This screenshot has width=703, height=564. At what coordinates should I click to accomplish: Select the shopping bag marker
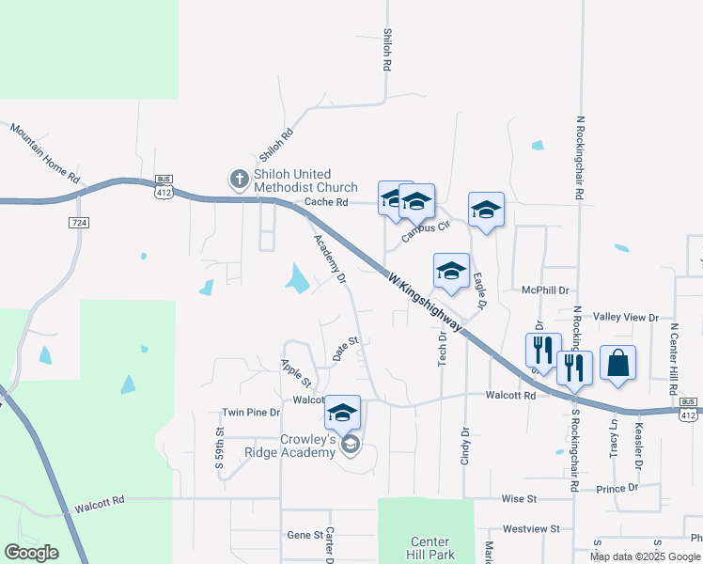pos(617,363)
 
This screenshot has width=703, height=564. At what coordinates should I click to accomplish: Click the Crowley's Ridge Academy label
pos(308,446)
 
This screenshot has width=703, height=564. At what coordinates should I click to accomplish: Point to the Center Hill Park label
pos(430,547)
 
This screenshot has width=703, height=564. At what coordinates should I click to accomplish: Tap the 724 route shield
pos(79,222)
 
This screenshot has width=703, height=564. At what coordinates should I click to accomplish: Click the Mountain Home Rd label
pos(45,151)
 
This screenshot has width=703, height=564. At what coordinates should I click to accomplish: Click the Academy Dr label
pos(330,258)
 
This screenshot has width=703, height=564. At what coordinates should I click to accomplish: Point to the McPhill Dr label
pos(545,291)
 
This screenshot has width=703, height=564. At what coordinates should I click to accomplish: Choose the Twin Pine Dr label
pos(251,413)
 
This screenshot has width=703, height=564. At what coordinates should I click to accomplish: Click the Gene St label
pos(305,534)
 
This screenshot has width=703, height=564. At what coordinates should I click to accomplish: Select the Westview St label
pos(531,529)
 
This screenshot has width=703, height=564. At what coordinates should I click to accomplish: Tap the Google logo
pos(31,553)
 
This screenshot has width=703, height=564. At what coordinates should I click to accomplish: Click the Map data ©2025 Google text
pos(645,556)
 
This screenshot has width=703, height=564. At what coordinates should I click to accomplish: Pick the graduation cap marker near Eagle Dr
pos(486,210)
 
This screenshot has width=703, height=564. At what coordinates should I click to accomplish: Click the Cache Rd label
pos(326,202)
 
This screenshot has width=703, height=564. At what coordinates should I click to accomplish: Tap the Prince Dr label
pos(617,488)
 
